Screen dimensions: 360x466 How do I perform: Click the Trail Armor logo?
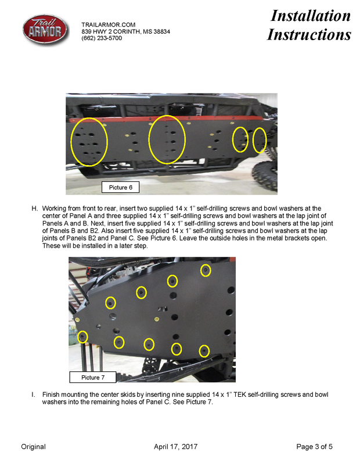[x=45, y=30]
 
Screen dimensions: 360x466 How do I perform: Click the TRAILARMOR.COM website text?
[x=109, y=24]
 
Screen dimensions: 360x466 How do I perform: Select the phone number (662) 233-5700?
[x=102, y=38]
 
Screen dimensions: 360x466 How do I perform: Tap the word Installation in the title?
[x=311, y=16]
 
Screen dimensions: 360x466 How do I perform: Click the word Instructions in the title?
[x=309, y=34]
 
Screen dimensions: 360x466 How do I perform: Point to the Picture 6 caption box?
[x=120, y=187]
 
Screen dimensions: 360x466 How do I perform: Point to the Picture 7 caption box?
[x=93, y=377]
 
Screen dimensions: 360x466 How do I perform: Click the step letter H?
[x=34, y=209]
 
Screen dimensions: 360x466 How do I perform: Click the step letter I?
[x=33, y=395]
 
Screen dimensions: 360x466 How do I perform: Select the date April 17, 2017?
[x=175, y=446]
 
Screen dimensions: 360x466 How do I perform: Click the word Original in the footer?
[x=33, y=446]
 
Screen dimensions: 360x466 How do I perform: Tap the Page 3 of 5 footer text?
[x=314, y=446]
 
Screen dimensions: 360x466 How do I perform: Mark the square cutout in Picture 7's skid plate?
[x=162, y=309]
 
